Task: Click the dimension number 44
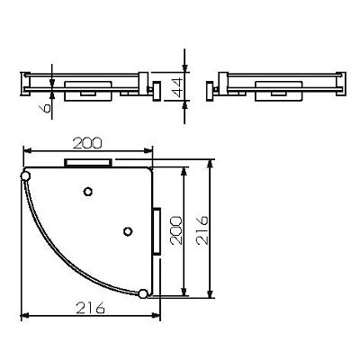pyautogui.click(x=177, y=87)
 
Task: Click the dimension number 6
pyautogui.click(x=46, y=108)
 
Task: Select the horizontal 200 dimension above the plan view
pyautogui.click(x=87, y=144)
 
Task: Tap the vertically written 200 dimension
pyautogui.click(x=176, y=230)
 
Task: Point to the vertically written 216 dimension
pyautogui.click(x=202, y=229)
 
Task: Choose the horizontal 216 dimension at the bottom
pyautogui.click(x=91, y=308)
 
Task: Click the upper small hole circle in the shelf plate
pyautogui.click(x=87, y=192)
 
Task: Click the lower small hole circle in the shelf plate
pyautogui.click(x=128, y=231)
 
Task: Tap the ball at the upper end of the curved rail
pyautogui.click(x=25, y=175)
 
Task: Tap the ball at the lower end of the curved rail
pyautogui.click(x=143, y=293)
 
